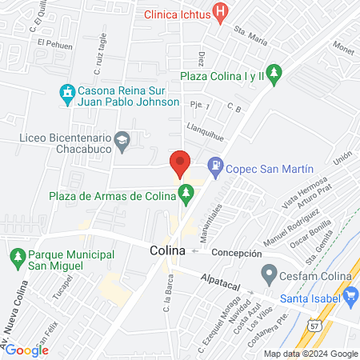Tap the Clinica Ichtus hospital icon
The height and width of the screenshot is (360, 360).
pyautogui.click(x=221, y=14)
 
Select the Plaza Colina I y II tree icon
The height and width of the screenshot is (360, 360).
pyautogui.click(x=274, y=74)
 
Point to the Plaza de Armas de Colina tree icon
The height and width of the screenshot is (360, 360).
pyautogui.click(x=186, y=192)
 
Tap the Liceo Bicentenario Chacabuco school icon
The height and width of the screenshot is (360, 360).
pyautogui.click(x=122, y=142)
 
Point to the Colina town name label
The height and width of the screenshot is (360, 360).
pyautogui.click(x=167, y=250)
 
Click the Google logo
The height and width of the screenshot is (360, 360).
pyautogui.click(x=27, y=350)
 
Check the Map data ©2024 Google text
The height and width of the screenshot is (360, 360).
pyautogui.click(x=311, y=354)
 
